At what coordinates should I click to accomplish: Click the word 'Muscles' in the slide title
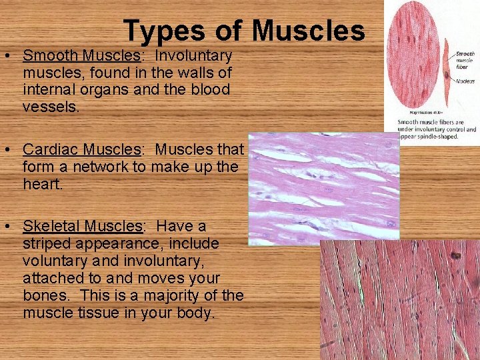(309, 31)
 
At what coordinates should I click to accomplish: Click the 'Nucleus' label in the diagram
(465, 81)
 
